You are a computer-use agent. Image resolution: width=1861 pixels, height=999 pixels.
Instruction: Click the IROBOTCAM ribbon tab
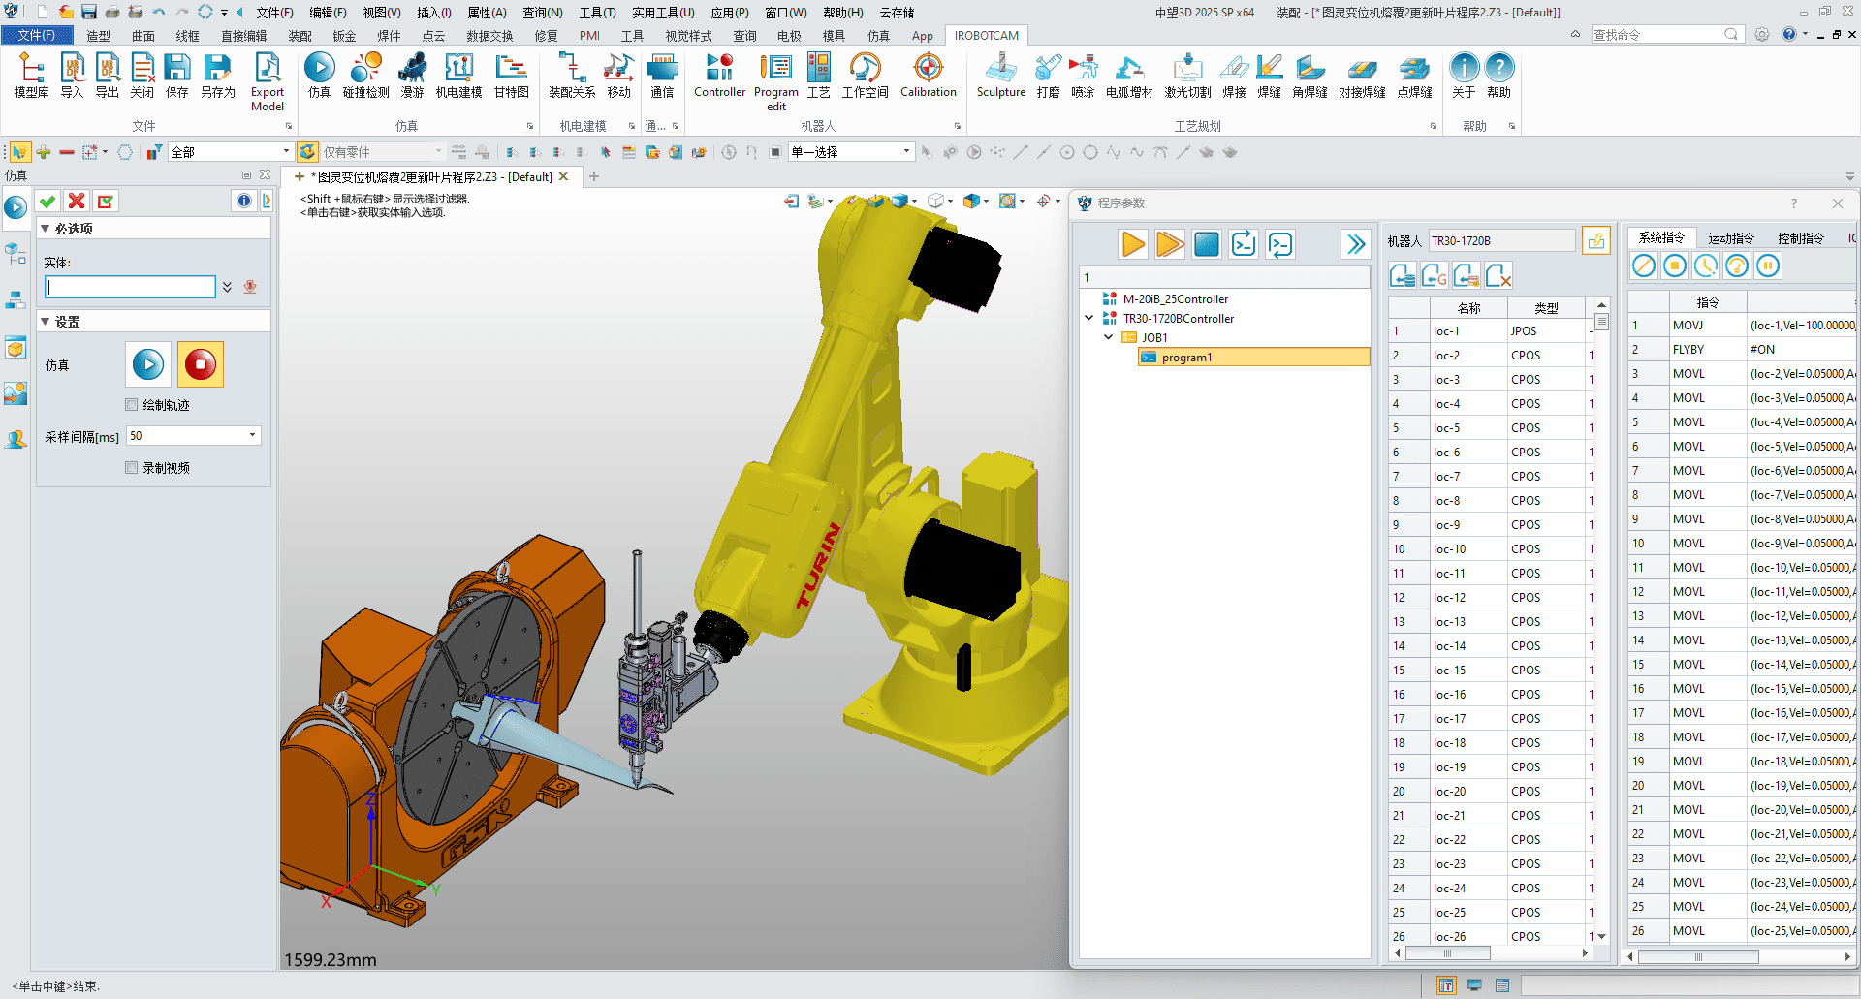986,36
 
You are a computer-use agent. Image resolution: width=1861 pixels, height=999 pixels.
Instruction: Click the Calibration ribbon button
928,76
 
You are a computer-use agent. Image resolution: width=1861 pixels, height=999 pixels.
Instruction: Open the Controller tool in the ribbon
719,76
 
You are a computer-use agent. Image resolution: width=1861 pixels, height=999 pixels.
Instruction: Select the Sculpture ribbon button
1000,76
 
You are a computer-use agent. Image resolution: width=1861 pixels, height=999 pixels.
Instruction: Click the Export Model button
268,81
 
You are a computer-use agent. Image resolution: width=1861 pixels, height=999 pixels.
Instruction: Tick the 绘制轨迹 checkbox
132,405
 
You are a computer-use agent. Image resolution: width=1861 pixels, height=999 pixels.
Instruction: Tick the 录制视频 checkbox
132,468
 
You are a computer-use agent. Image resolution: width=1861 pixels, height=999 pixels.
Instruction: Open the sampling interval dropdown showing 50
253,436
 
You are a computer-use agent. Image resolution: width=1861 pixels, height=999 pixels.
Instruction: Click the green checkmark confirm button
47,202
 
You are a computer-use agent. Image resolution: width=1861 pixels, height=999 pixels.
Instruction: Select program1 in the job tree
1186,358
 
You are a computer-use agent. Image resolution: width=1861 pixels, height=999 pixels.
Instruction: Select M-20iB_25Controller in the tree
1175,299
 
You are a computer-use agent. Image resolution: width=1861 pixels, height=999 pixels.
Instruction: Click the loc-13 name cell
1450,622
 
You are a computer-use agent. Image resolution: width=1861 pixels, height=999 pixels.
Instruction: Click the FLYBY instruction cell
1688,350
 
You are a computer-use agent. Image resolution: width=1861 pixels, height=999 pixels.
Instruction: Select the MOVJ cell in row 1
1688,326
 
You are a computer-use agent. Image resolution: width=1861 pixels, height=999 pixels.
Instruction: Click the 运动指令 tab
1730,238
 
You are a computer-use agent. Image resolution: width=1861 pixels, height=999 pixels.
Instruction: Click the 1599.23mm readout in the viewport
331,960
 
